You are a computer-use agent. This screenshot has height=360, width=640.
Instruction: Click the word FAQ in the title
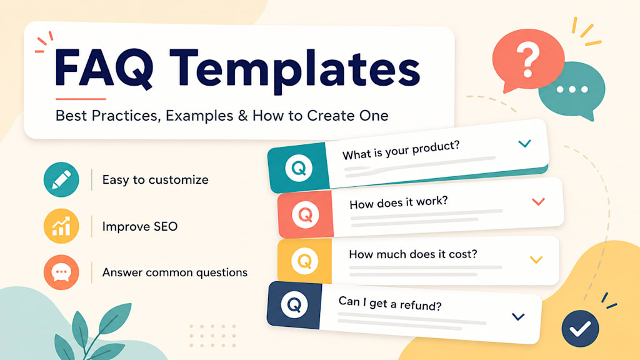pyautogui.click(x=104, y=67)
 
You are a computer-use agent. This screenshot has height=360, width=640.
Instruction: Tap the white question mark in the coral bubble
pyautogui.click(x=527, y=61)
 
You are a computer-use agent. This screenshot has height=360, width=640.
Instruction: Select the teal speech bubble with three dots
pyautogui.click(x=572, y=91)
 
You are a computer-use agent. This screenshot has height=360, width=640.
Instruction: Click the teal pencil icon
pyautogui.click(x=61, y=179)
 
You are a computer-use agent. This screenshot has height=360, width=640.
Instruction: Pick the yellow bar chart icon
pyautogui.click(x=61, y=226)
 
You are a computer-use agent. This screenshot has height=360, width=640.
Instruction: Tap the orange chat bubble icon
pyautogui.click(x=61, y=272)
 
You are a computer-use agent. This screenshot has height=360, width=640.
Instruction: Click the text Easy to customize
pyautogui.click(x=155, y=180)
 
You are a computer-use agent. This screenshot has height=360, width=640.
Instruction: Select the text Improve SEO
pyautogui.click(x=139, y=226)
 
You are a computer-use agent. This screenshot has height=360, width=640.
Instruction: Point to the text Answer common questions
pyautogui.click(x=175, y=272)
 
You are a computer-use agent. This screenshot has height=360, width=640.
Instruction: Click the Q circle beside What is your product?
pyautogui.click(x=299, y=167)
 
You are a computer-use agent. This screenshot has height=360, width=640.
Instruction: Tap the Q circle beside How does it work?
pyautogui.click(x=305, y=214)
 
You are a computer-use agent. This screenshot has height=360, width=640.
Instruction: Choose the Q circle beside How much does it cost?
pyautogui.click(x=304, y=261)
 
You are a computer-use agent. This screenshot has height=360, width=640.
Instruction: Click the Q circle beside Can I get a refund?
pyautogui.click(x=294, y=304)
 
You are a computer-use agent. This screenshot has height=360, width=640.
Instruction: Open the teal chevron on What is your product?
pyautogui.click(x=524, y=144)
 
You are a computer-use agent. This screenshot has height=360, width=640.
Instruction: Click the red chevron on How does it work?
pyautogui.click(x=538, y=202)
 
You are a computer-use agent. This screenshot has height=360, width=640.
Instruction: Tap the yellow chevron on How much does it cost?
pyautogui.click(x=536, y=259)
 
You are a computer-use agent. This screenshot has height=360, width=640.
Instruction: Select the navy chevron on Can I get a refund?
pyautogui.click(x=518, y=317)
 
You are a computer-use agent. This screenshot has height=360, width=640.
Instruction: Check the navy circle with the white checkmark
pyautogui.click(x=580, y=329)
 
